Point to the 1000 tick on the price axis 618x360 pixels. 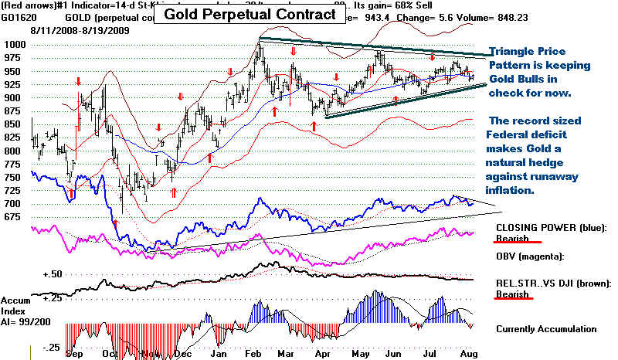[x=16, y=46]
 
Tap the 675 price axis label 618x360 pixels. [x=13, y=218]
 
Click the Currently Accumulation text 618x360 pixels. [x=546, y=328]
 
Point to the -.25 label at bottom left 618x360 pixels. [x=50, y=348]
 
